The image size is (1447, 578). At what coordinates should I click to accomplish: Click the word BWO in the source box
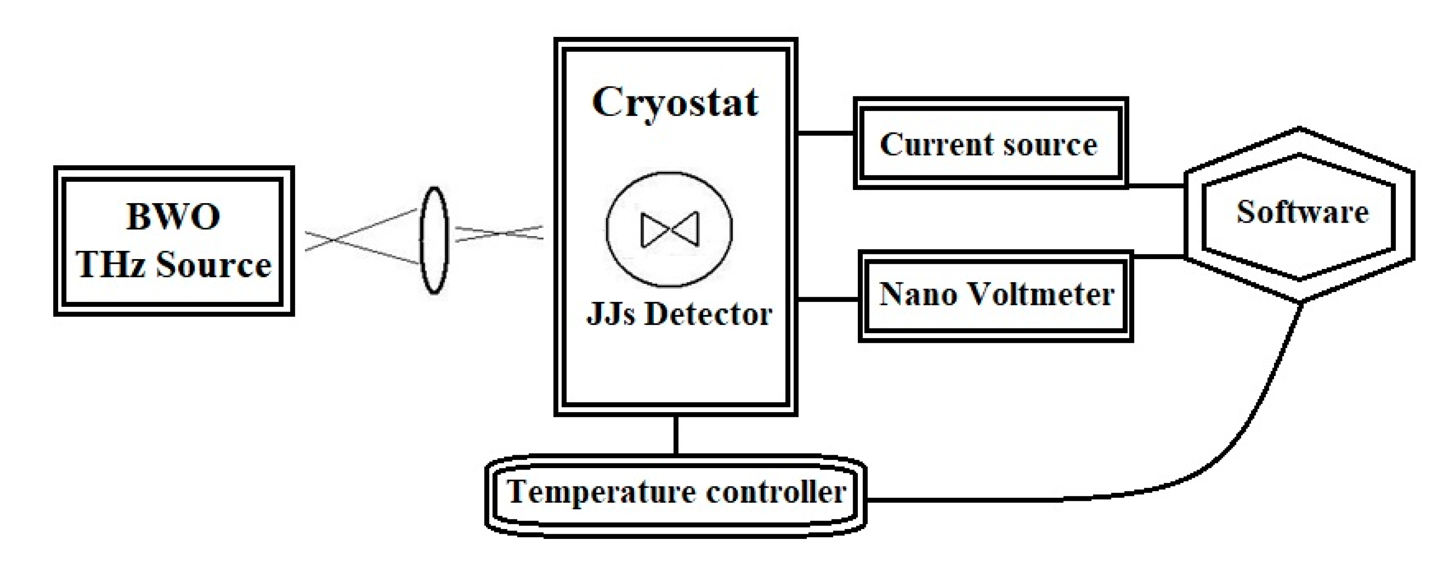click(x=173, y=217)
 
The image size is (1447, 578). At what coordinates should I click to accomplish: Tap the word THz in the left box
click(x=111, y=265)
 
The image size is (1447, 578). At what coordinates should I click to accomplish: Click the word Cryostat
click(x=675, y=103)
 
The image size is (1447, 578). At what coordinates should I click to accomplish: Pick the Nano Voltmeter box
click(x=996, y=295)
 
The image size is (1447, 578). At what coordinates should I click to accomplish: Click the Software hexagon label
click(x=1302, y=213)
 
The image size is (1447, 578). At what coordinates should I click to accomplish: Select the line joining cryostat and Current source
click(x=826, y=133)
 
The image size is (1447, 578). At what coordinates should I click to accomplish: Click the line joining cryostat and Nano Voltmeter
click(x=828, y=299)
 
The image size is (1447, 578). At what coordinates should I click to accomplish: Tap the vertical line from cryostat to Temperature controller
click(x=676, y=435)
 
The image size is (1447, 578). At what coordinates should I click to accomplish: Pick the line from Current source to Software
click(x=1156, y=184)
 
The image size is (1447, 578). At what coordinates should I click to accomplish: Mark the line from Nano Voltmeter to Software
click(x=1159, y=256)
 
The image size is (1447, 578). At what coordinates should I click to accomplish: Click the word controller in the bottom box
click(x=776, y=493)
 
